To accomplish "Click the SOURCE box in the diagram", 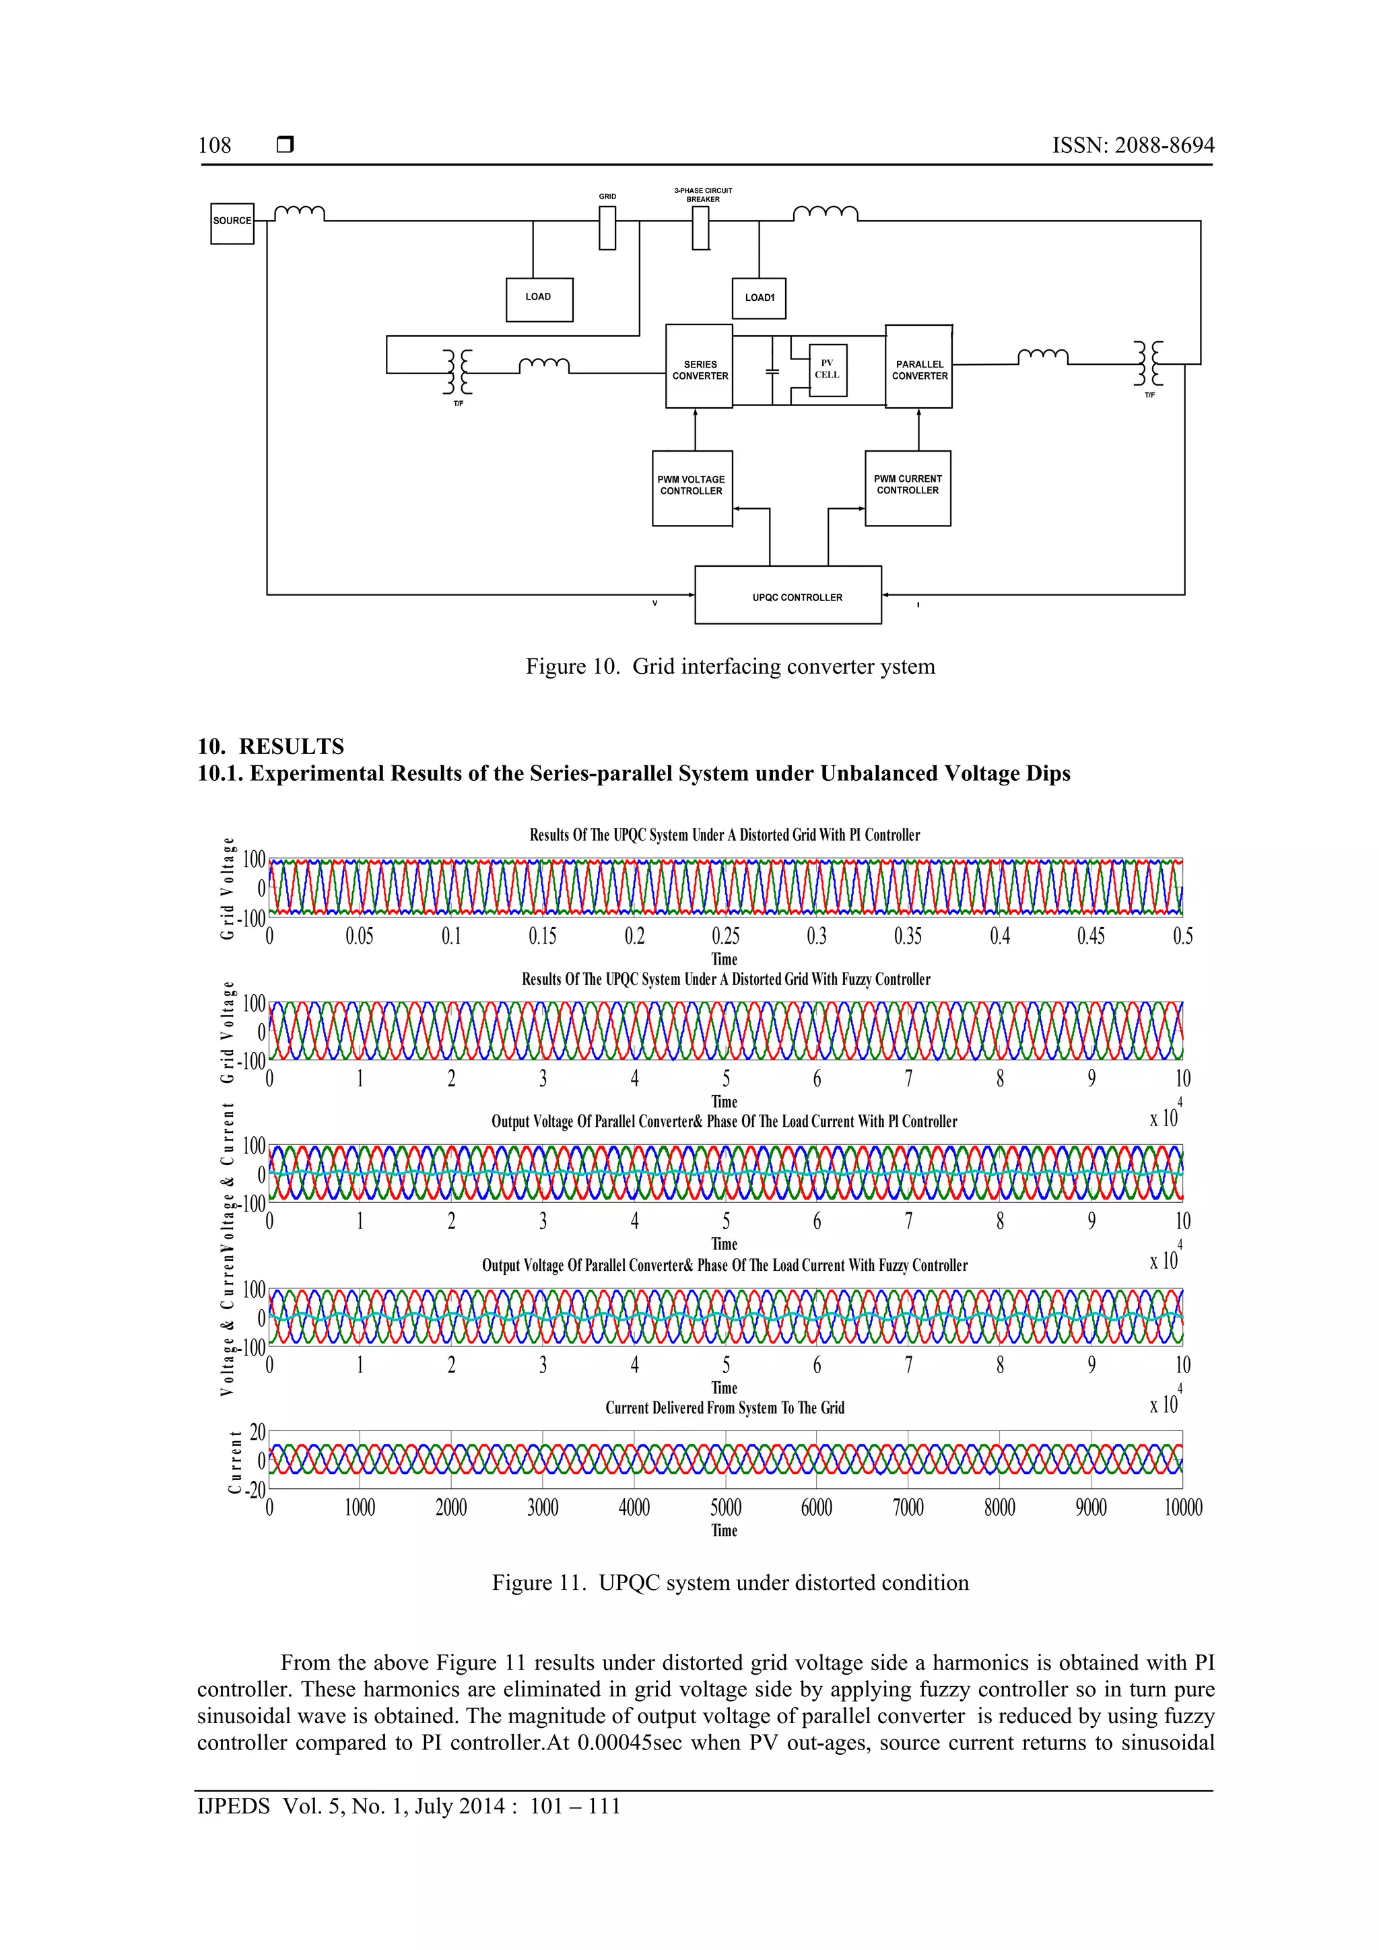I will (x=232, y=223).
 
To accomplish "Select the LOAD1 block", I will (x=759, y=298).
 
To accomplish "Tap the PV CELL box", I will (x=827, y=370).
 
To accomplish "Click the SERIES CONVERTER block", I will (x=700, y=367).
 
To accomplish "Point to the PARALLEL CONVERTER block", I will (x=918, y=367).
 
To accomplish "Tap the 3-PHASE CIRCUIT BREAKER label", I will (x=703, y=195).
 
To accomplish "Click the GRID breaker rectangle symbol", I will (x=607, y=230).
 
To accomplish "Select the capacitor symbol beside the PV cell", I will (x=772, y=371).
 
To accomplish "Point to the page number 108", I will (x=214, y=145).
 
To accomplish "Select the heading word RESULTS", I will (x=292, y=746).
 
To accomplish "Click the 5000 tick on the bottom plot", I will (x=726, y=1508).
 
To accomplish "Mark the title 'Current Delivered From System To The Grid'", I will (x=725, y=1407).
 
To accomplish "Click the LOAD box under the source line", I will (x=539, y=299).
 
